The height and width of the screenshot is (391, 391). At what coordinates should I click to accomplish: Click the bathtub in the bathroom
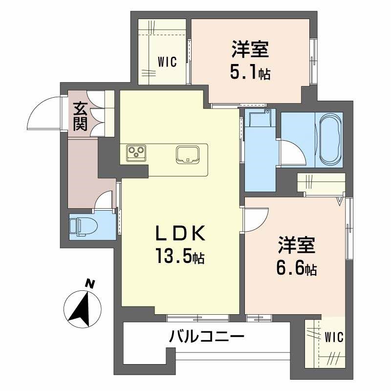331,140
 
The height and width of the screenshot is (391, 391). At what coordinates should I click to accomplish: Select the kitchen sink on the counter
187,154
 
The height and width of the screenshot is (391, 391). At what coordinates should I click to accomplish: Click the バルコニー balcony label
206,337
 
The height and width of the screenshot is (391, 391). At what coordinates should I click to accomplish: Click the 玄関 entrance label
80,117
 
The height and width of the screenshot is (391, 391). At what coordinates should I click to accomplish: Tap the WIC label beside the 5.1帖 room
167,62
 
